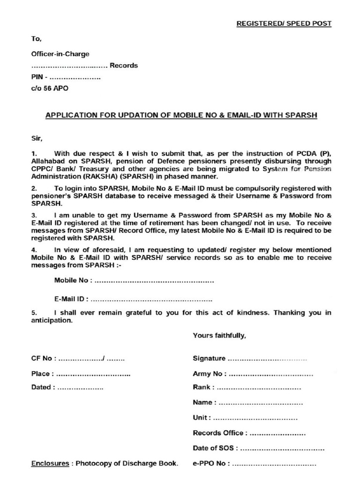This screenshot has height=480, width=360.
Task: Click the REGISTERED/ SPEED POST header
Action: pos(284,23)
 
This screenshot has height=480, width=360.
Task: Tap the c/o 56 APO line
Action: pos(49,88)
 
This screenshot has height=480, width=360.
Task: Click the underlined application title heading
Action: pos(181,115)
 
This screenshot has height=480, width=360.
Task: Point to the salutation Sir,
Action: pos(37,138)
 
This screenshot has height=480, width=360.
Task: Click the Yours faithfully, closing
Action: pos(219,336)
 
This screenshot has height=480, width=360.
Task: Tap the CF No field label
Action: pos(44,359)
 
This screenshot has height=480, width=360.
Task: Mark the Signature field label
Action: pos(209,359)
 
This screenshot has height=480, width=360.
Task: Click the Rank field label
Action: pos(203,388)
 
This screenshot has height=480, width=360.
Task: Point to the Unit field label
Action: pos(202,418)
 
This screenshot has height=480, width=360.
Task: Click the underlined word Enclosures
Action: pos(50,464)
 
